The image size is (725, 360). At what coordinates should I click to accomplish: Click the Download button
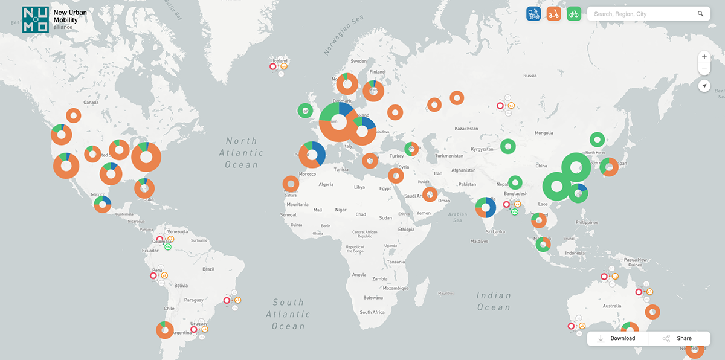[617, 338]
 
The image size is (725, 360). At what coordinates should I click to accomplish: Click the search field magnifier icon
[700, 14]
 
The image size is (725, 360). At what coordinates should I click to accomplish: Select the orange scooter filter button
[553, 14]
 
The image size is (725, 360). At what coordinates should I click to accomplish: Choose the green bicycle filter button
[574, 14]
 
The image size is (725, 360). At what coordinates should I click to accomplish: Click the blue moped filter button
[533, 14]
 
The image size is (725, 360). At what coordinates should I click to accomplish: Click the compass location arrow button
[704, 86]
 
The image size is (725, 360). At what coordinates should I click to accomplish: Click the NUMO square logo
[35, 20]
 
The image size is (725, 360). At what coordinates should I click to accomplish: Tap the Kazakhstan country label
[466, 129]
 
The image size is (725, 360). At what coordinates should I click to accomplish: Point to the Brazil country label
[208, 269]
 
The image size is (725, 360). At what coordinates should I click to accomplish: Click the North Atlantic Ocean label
[242, 152]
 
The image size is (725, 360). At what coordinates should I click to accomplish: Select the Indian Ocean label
[494, 301]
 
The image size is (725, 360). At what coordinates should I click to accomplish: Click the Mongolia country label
[544, 133]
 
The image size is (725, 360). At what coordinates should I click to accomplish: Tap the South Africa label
[372, 312]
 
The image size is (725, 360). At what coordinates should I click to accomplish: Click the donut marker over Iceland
[272, 66]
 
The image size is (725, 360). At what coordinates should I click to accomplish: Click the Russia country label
[530, 76]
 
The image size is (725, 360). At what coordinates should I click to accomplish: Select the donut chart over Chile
[164, 330]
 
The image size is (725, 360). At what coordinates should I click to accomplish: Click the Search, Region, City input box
[640, 14]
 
